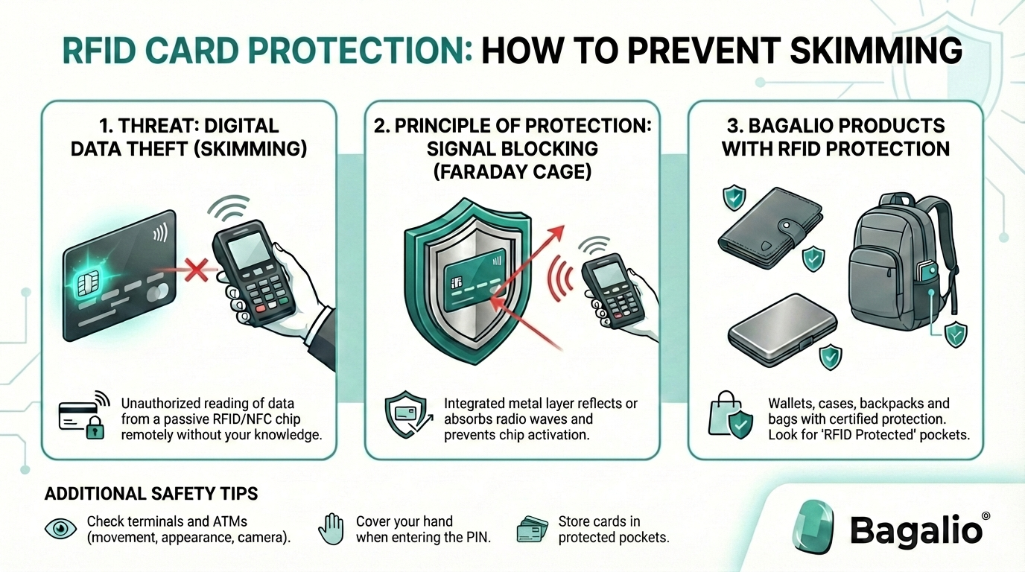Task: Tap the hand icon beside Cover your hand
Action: tap(331, 529)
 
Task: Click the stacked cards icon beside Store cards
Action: tap(532, 529)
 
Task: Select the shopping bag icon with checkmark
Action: tap(725, 418)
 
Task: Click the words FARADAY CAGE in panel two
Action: tap(512, 172)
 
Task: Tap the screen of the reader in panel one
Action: tap(247, 244)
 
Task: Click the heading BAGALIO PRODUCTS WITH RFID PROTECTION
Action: tap(834, 136)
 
